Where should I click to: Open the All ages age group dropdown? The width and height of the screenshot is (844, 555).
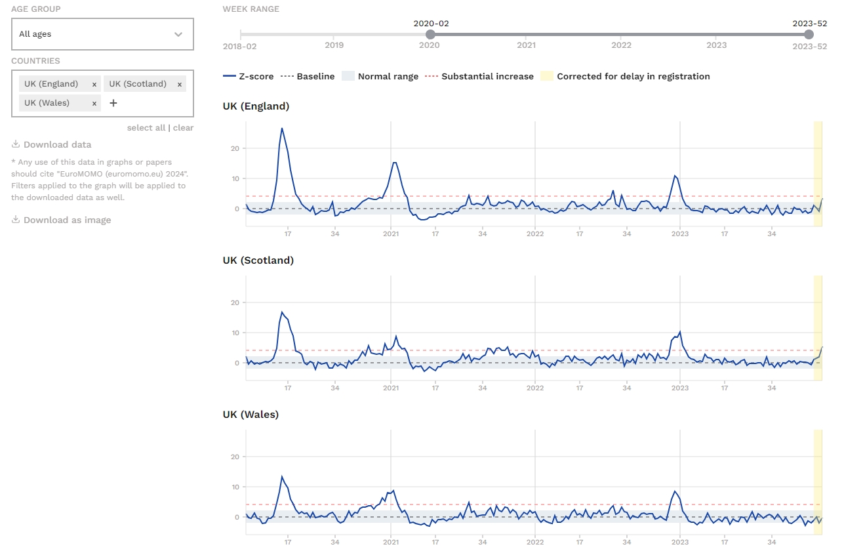tap(102, 34)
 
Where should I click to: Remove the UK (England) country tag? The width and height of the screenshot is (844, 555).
tap(94, 84)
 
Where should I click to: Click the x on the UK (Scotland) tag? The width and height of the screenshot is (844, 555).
tap(180, 84)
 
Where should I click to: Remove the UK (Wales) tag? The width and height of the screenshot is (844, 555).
tap(94, 103)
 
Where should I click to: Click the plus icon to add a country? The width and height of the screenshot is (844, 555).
tap(113, 103)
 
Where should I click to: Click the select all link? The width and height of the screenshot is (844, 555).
tap(146, 128)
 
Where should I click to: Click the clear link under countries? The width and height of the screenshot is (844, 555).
tap(183, 128)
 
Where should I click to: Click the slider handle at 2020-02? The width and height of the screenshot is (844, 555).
tap(430, 34)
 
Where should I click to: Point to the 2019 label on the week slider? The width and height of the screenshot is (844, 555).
tap(334, 46)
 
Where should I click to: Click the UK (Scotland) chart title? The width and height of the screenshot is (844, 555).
tap(258, 260)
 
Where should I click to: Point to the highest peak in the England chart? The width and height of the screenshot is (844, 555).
tap(282, 129)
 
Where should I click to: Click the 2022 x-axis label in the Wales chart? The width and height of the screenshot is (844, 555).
tap(535, 543)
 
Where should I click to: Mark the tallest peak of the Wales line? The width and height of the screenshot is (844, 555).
tap(282, 477)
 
